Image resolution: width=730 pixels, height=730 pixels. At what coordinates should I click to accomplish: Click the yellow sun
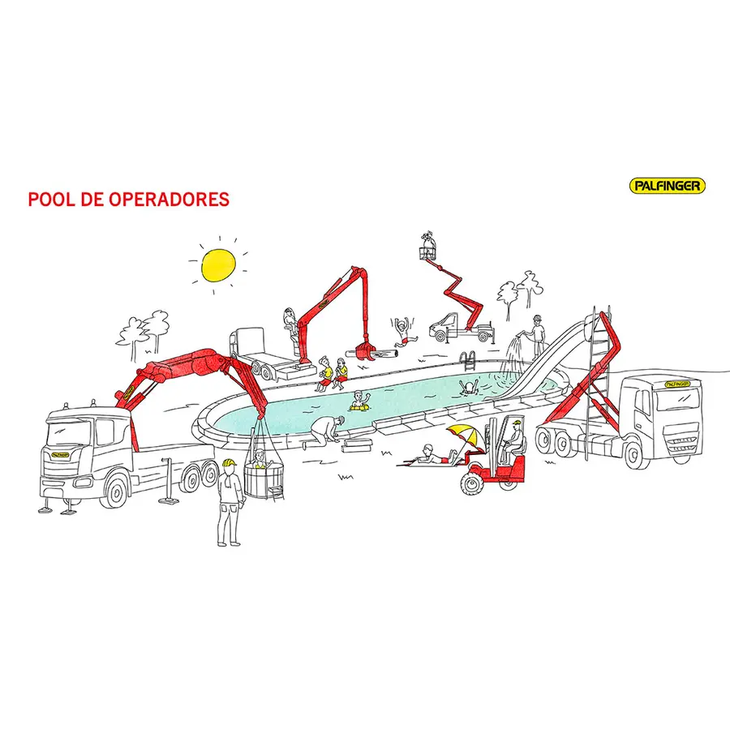(x=218, y=265)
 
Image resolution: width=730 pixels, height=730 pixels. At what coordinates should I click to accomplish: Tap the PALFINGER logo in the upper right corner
(x=668, y=187)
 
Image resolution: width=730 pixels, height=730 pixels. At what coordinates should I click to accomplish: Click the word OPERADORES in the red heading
(x=169, y=200)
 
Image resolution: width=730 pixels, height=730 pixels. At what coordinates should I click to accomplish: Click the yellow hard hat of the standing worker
(x=229, y=463)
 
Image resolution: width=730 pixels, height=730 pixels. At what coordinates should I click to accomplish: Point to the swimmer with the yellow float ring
(x=360, y=402)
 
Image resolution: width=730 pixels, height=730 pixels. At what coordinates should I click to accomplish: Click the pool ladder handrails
(x=468, y=361)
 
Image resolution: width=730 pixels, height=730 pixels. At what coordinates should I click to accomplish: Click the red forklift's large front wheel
(x=471, y=483)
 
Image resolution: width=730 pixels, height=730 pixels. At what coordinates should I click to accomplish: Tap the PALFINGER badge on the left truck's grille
(x=61, y=455)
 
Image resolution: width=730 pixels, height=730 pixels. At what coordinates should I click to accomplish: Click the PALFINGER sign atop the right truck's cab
(x=676, y=384)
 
